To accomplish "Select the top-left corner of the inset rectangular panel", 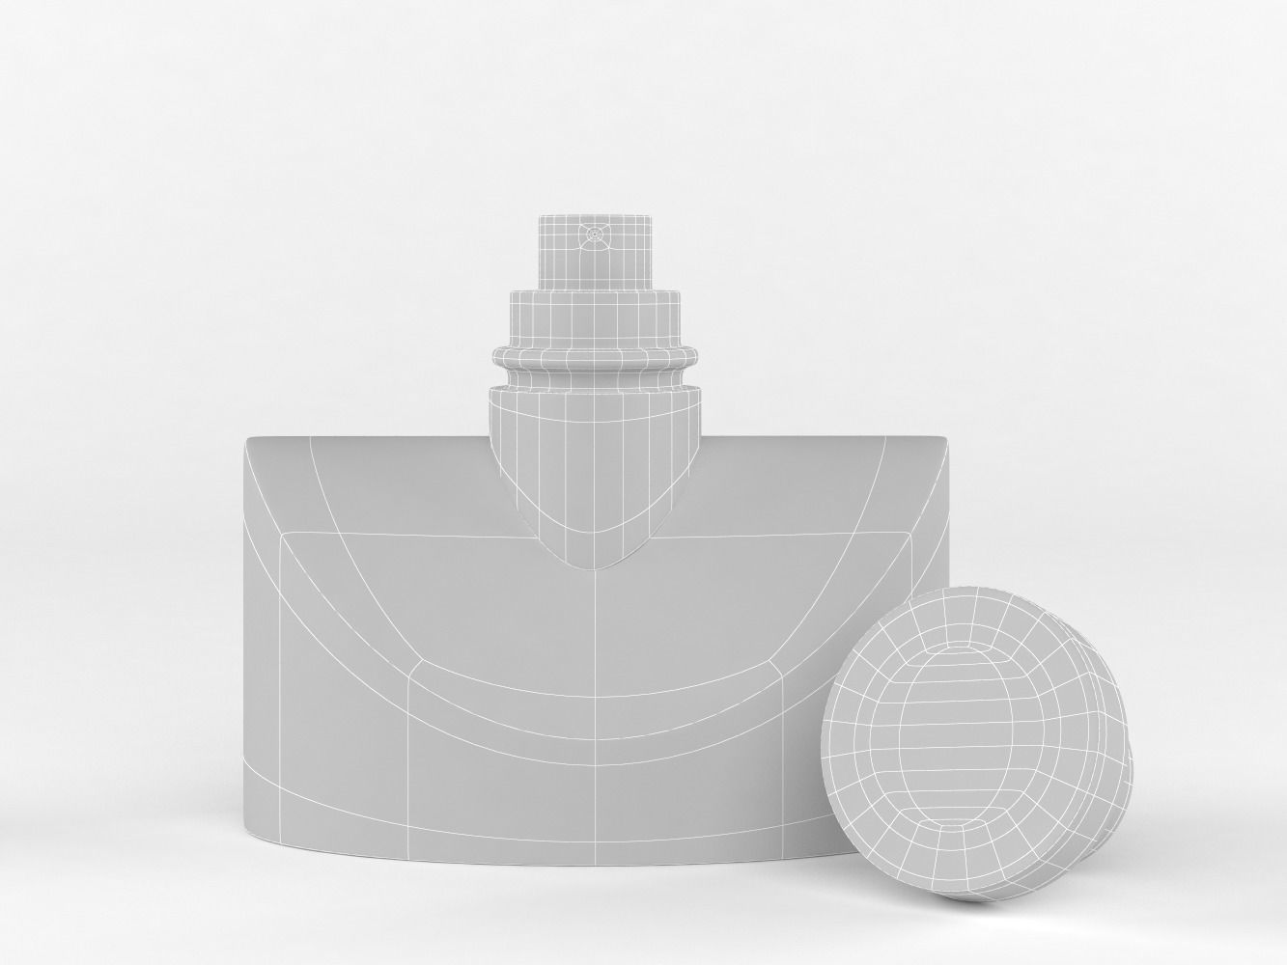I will coord(281,534).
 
